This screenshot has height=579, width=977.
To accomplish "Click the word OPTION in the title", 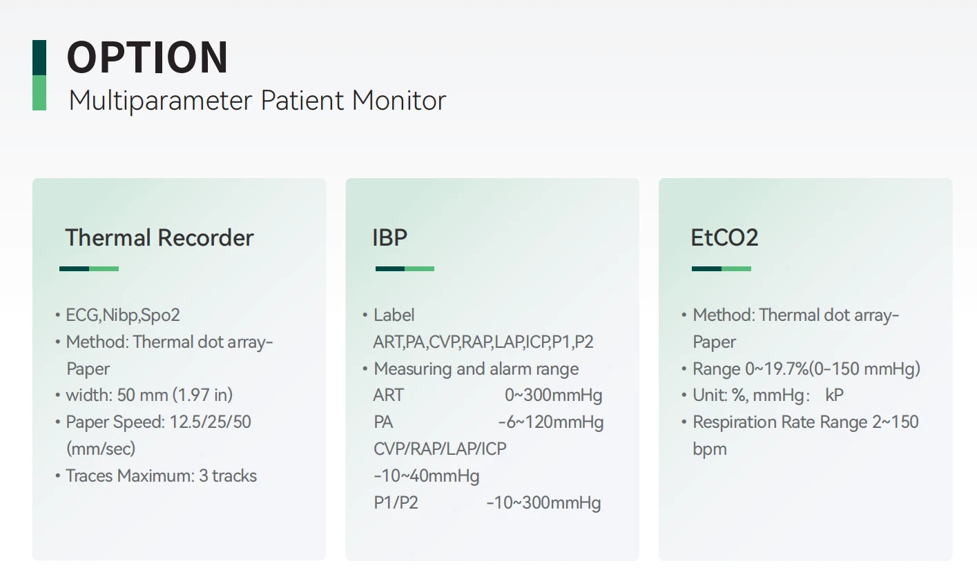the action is pos(147,57).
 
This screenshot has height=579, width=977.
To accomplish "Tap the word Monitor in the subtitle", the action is pos(398,100).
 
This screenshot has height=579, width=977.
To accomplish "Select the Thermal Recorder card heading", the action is pos(159,237).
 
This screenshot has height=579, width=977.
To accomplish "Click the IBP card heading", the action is pos(389,237).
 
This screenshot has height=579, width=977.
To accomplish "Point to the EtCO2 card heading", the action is pos(724,237).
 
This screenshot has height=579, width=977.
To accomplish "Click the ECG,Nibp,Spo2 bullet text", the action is pos(123,315).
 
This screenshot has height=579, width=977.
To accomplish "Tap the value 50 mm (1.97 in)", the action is pos(175,395).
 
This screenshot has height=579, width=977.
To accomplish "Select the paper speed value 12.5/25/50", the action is pos(210,422).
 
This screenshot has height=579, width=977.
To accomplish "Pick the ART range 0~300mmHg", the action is pos(554,395).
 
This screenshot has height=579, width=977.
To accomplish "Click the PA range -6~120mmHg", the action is pos(551,422).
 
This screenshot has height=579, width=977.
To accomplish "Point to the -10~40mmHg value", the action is pos(427,475).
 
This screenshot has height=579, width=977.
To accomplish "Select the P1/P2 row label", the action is pos(396,502).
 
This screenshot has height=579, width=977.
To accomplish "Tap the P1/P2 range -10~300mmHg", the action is pos(543,502).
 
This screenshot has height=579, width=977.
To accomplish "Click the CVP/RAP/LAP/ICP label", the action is pos(440,449).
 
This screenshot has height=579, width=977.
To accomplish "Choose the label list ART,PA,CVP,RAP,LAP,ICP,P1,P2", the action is pos(483,342).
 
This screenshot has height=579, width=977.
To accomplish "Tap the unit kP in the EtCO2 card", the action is pos(834,395).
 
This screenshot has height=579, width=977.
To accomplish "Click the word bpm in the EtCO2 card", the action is pos(710,449).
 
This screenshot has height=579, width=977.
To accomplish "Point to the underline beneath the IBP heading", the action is pos(405,268).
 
